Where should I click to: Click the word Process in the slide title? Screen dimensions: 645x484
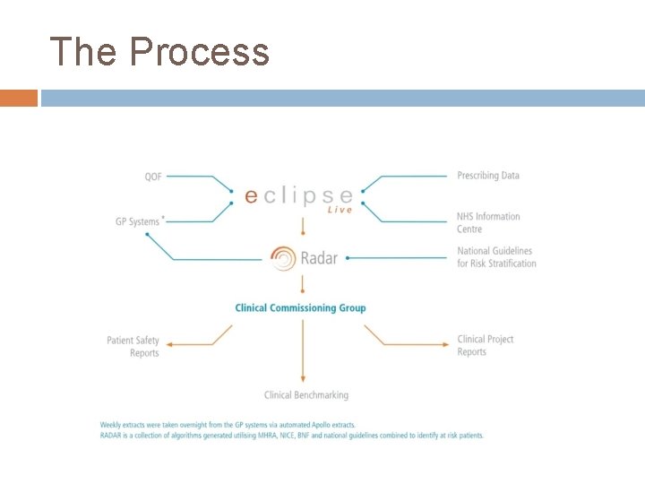199,52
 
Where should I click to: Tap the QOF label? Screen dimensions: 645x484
153,177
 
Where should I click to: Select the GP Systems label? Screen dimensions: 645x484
137,221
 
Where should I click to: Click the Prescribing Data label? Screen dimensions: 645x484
488,176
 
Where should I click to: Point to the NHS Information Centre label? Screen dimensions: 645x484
488,222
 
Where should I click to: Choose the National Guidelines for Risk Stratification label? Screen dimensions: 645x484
496,257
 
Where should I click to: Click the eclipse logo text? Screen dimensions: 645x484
298,193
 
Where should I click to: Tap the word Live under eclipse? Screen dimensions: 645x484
340,210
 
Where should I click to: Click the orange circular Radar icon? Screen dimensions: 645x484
283,258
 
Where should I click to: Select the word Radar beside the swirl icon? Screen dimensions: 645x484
320,258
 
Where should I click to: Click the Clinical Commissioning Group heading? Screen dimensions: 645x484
300,308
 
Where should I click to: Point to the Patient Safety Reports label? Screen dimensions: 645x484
133,346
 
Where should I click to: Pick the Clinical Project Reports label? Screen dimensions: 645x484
486,345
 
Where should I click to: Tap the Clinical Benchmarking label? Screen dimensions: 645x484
306,394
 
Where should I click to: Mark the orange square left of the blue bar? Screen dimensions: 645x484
19,98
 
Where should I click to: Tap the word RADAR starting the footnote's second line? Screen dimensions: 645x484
111,436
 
